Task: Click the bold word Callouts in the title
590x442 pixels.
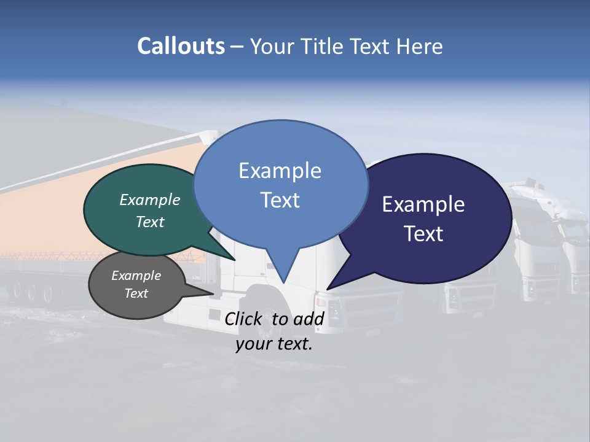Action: pos(181,46)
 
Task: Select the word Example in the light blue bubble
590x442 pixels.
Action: pos(280,170)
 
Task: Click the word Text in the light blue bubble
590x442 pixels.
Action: pos(280,200)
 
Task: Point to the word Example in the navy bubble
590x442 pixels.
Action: pos(423,204)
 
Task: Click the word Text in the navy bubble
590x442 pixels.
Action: pos(423,233)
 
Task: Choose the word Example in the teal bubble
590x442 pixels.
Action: pos(150,200)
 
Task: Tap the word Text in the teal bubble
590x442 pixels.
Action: pos(150,222)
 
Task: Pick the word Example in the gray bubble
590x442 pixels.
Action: pos(136,276)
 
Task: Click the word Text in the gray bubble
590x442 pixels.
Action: pos(136,293)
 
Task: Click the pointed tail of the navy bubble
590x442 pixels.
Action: pos(329,288)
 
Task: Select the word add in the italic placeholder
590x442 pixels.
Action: pos(309,318)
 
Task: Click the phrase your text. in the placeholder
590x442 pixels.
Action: pos(274,344)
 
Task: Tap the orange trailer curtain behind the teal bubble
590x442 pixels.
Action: pos(37,221)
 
